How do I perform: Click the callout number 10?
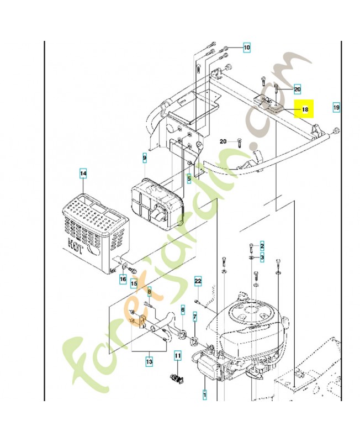tap(246, 48)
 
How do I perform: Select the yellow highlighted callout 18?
tap(304, 109)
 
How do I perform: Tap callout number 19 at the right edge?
tap(336, 106)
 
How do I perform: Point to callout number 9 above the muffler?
tap(145, 159)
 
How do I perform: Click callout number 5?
tap(188, 178)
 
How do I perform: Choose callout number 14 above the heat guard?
tap(83, 173)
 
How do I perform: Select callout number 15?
tap(134, 284)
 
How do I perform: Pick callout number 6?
tap(183, 311)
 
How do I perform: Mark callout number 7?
tap(194, 317)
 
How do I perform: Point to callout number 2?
tap(262, 245)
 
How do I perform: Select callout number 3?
tap(262, 257)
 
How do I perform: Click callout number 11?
tap(178, 356)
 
